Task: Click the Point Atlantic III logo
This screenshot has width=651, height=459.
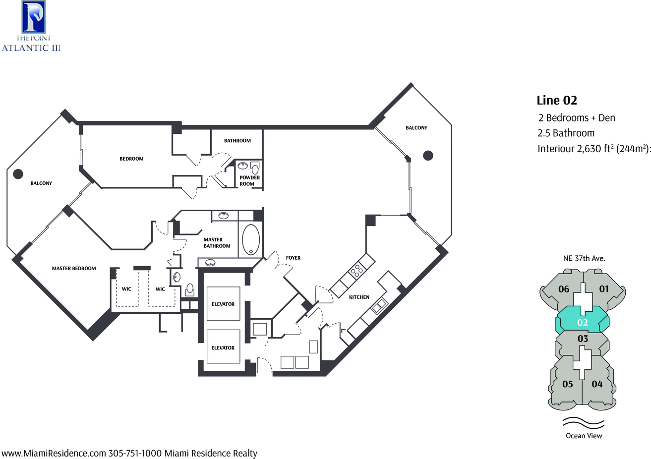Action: [x=31, y=26]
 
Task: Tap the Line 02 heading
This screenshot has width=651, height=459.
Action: [x=556, y=100]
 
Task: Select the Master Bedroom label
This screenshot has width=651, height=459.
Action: [x=74, y=269]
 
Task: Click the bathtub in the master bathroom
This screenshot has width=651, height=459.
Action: [x=251, y=240]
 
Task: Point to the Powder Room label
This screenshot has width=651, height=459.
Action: [x=250, y=181]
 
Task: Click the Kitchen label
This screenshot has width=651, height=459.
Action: [x=359, y=297]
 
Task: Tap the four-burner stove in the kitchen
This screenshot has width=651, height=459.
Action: [x=357, y=271]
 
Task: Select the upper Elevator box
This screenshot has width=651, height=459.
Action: [x=223, y=303]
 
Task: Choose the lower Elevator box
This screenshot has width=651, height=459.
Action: [x=223, y=346]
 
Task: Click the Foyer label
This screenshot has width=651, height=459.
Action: [x=293, y=258]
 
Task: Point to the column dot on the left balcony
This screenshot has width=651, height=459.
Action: [x=18, y=173]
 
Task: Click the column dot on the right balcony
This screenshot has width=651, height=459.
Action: [x=428, y=156]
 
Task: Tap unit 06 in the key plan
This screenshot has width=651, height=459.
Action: [x=564, y=289]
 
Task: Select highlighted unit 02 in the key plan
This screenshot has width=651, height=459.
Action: [x=583, y=323]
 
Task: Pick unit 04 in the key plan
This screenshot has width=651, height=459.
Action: [x=597, y=384]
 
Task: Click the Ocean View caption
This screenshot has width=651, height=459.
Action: [x=584, y=436]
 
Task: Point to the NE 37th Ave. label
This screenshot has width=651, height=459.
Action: [x=584, y=258]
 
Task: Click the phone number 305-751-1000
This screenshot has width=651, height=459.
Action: [x=135, y=453]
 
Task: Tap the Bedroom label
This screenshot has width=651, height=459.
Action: [x=131, y=159]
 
